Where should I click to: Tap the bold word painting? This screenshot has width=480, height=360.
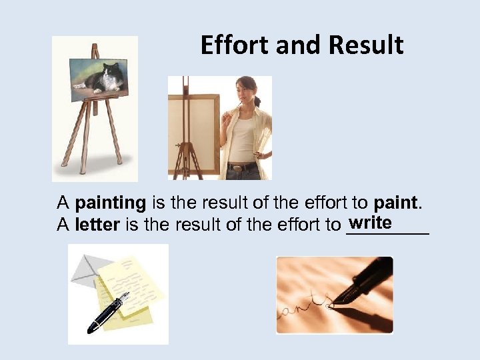111,202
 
